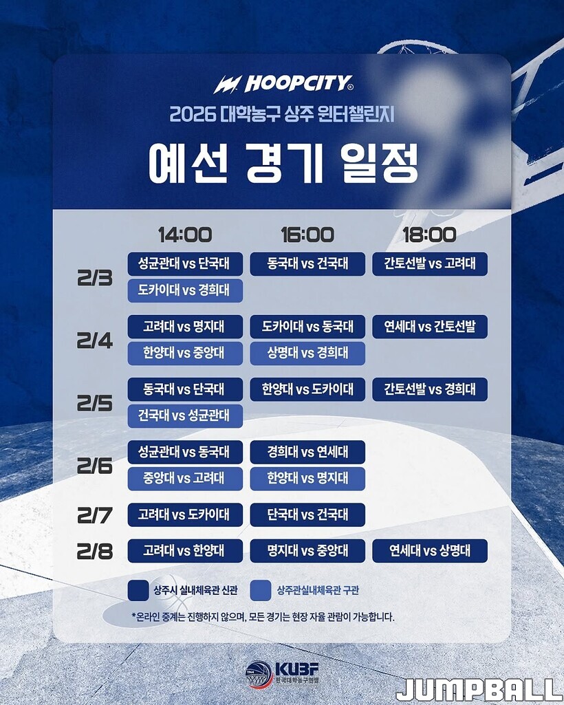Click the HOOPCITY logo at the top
pyautogui.click(x=283, y=84)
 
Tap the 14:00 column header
pyautogui.click(x=185, y=235)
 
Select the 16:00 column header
pyautogui.click(x=307, y=235)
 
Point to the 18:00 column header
pyautogui.click(x=429, y=235)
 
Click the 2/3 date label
pyautogui.click(x=95, y=279)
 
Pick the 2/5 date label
pyautogui.click(x=95, y=404)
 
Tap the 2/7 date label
pyautogui.click(x=95, y=515)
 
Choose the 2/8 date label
pyautogui.click(x=95, y=551)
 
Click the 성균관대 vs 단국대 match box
pyautogui.click(x=185, y=264)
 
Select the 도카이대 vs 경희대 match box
pyautogui.click(x=185, y=290)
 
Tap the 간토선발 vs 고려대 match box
pyautogui.click(x=430, y=264)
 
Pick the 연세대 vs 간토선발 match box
pyautogui.click(x=430, y=327)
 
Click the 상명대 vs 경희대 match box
pyautogui.click(x=307, y=354)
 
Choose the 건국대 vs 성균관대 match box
pyautogui.click(x=185, y=416)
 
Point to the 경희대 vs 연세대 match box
pyautogui.click(x=307, y=452)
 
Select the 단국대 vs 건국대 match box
pyautogui.click(x=307, y=514)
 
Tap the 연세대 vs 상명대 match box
pyautogui.click(x=430, y=551)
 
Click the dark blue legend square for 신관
pyautogui.click(x=138, y=590)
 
